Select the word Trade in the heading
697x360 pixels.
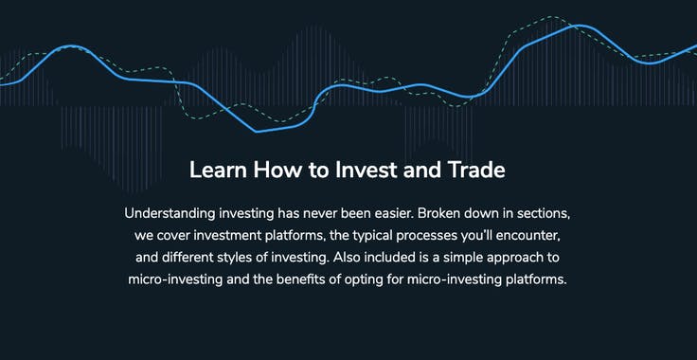coord(478,171)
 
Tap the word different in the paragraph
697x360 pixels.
coord(191,257)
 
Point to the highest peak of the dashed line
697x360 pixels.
coord(554,17)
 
